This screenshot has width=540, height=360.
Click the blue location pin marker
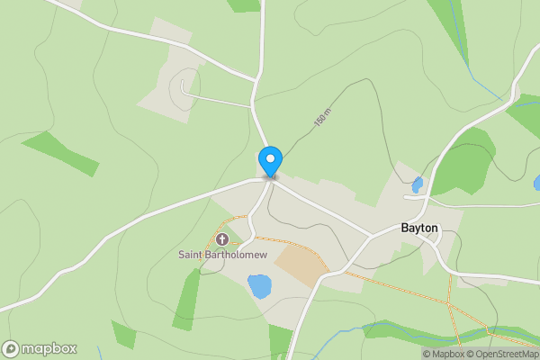click(x=270, y=162)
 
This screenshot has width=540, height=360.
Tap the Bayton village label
click(x=419, y=229)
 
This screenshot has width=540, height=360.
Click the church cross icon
click(x=223, y=239)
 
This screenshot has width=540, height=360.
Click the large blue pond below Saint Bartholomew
click(x=258, y=287)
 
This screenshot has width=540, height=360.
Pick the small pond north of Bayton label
click(x=417, y=184)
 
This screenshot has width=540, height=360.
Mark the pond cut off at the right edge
click(x=536, y=183)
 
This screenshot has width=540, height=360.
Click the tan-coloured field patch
click(x=300, y=265)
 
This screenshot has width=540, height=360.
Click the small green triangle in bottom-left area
click(x=123, y=335)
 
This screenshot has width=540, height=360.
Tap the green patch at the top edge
click(x=244, y=4)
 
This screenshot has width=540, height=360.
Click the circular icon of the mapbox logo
click(x=11, y=349)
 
